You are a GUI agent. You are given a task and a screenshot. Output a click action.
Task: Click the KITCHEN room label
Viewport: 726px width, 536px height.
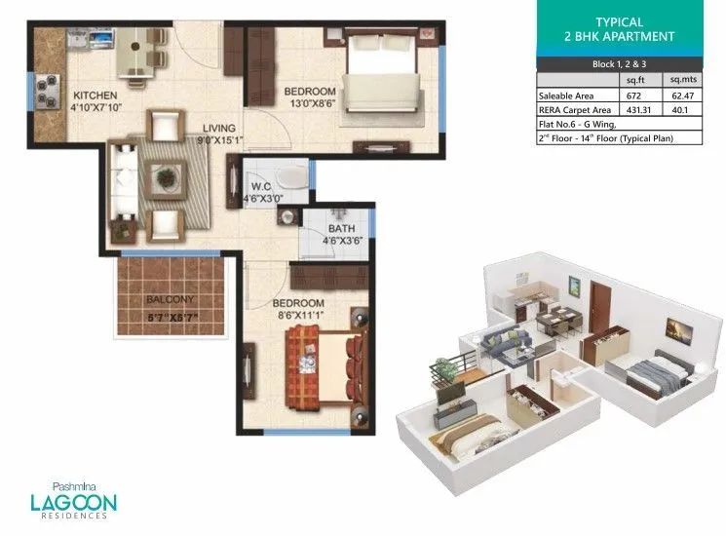pyautogui.click(x=95, y=95)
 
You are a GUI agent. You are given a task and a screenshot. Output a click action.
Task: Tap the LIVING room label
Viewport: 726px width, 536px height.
pyautogui.click(x=219, y=128)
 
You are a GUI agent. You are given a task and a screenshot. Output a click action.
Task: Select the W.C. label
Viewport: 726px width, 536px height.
pyautogui.click(x=260, y=186)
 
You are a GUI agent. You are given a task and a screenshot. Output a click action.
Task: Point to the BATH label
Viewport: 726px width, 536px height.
pyautogui.click(x=341, y=230)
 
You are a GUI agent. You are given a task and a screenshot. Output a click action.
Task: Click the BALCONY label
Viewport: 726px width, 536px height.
pyautogui.click(x=171, y=299)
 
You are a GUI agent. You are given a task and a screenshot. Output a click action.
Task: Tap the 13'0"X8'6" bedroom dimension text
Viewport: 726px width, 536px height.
pyautogui.click(x=310, y=104)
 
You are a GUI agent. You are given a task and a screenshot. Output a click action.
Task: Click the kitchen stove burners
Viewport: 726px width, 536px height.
pyautogui.click(x=45, y=94)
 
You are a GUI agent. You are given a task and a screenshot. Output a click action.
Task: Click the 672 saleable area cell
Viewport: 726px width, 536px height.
pyautogui.click(x=635, y=96)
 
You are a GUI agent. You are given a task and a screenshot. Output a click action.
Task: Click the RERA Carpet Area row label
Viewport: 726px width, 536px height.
pyautogui.click(x=577, y=110)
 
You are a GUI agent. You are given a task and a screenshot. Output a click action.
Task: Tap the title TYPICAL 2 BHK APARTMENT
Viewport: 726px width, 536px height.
pyautogui.click(x=621, y=29)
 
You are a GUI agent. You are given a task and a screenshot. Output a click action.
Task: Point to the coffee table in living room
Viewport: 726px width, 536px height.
pyautogui.click(x=164, y=177)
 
